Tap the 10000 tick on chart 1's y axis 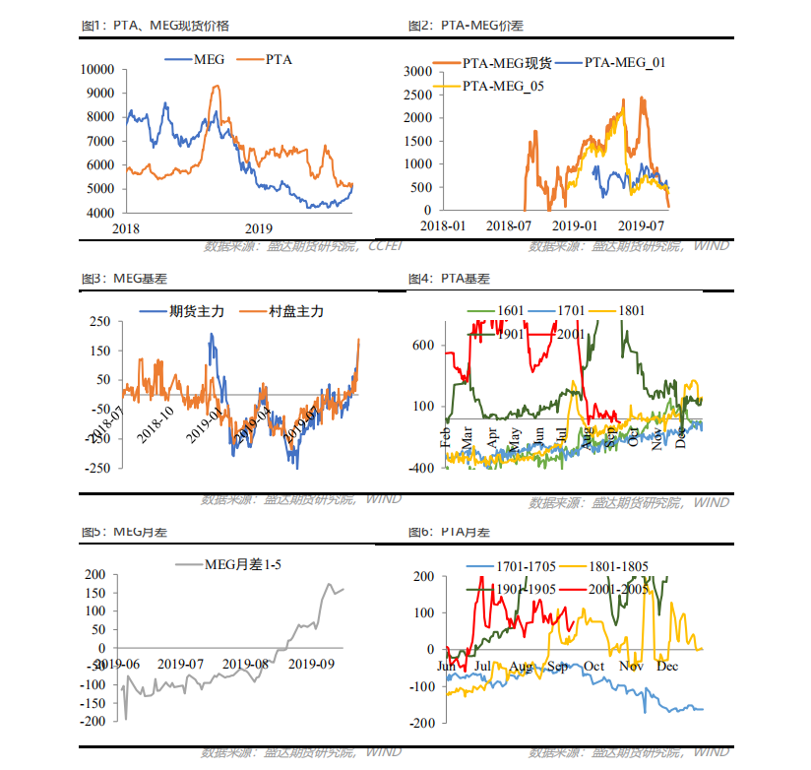click(98, 69)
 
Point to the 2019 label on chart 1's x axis click(258, 227)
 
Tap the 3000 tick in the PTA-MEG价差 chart click(418, 71)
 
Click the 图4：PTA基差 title click(449, 279)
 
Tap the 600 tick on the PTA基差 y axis click(423, 345)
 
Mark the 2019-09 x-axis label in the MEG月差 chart click(314, 664)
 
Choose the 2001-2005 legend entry click(620, 588)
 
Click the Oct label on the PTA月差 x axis click(593, 666)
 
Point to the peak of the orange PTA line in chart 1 click(217, 87)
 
